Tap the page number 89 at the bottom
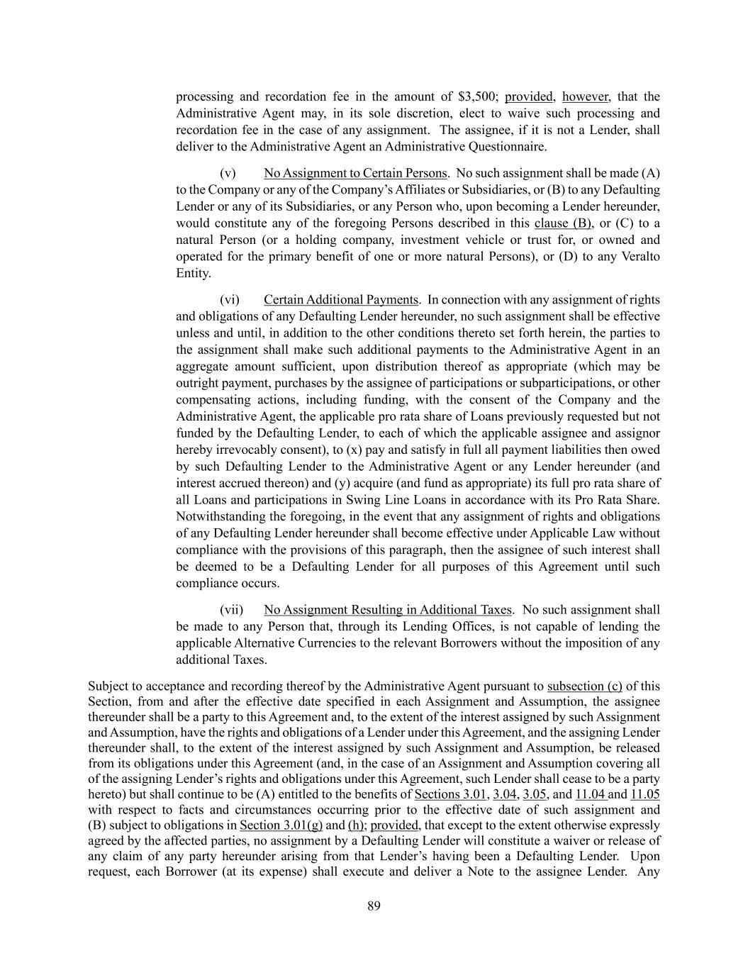point(374,906)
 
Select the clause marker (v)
point(228,173)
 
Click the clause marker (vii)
point(231,609)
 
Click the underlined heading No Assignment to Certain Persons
point(355,173)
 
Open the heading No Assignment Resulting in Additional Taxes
point(387,609)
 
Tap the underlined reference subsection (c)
point(585,686)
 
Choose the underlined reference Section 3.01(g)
point(281,825)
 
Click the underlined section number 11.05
point(644,794)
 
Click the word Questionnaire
point(507,147)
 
